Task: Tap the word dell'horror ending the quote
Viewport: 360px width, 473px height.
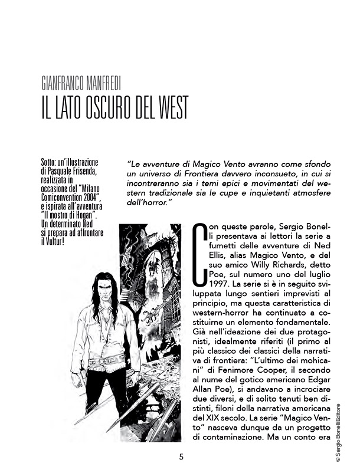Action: pyautogui.click(x=148, y=203)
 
